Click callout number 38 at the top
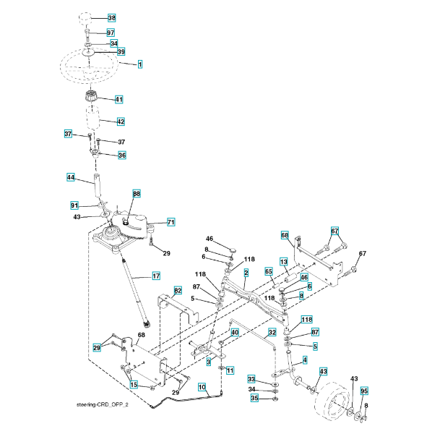(x=112, y=18)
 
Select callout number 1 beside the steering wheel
(x=140, y=64)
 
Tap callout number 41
(x=119, y=99)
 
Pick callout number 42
(x=121, y=122)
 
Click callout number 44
(x=71, y=177)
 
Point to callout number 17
(x=156, y=276)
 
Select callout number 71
(x=171, y=222)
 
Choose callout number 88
(x=137, y=193)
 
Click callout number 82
(x=178, y=290)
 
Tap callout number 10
(x=202, y=387)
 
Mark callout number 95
(x=364, y=391)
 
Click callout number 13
(x=284, y=262)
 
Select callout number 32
(x=272, y=332)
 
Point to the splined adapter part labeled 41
(x=90, y=97)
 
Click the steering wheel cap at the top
(x=85, y=18)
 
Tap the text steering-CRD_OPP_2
(x=103, y=404)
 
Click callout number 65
(x=269, y=271)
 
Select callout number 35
(x=254, y=398)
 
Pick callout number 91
(x=74, y=205)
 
